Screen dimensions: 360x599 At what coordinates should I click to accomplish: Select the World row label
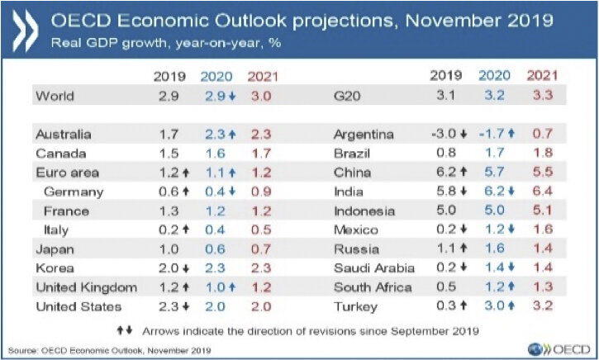coord(54,97)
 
